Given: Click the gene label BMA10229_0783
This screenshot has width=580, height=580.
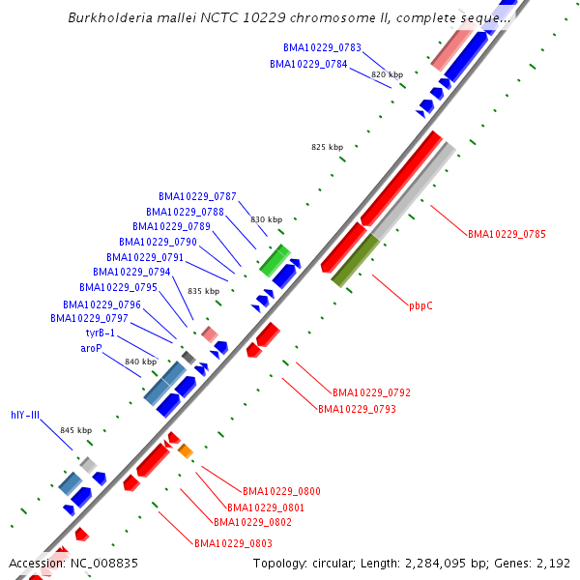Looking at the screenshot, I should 322,47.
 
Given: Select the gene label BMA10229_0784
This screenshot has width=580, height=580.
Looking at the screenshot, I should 308,65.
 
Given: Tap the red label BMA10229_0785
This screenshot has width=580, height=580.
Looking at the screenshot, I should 507,234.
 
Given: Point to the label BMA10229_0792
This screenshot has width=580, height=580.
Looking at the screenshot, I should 371,393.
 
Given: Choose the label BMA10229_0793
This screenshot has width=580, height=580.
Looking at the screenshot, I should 357,409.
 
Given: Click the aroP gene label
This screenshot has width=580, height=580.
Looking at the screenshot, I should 91,348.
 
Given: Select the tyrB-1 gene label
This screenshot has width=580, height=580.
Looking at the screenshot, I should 100,333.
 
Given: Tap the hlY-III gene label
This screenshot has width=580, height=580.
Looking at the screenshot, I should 25,416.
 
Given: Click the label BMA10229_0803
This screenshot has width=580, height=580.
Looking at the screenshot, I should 233,543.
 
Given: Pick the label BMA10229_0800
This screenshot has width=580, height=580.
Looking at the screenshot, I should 281,492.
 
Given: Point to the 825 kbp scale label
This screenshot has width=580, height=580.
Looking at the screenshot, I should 327,147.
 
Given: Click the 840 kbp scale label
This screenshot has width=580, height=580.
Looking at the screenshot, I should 140,362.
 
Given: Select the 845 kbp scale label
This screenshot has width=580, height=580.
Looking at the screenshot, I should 75,430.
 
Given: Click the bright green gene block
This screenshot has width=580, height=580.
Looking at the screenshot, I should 275,260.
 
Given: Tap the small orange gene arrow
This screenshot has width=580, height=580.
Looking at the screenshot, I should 186,450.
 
